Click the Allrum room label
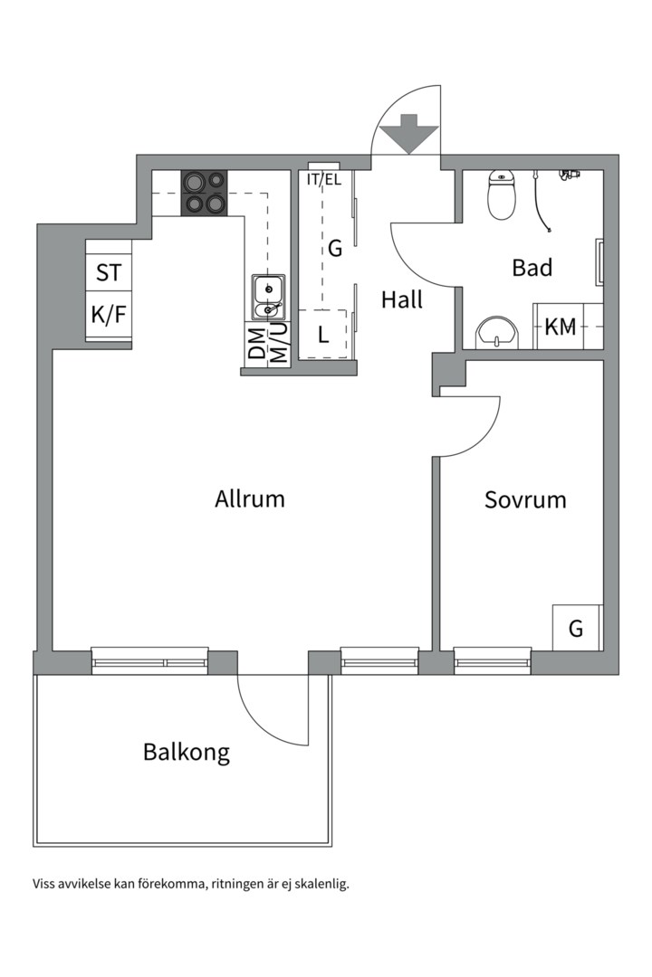[250, 498]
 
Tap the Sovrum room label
[525, 499]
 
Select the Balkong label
[187, 752]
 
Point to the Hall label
[401, 299]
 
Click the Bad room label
[532, 268]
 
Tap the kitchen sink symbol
[267, 298]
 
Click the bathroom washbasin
[497, 332]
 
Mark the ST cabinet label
[108, 272]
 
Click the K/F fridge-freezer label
[108, 316]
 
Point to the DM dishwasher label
[256, 344]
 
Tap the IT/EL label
[323, 179]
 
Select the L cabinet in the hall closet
[322, 334]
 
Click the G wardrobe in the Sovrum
[576, 628]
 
